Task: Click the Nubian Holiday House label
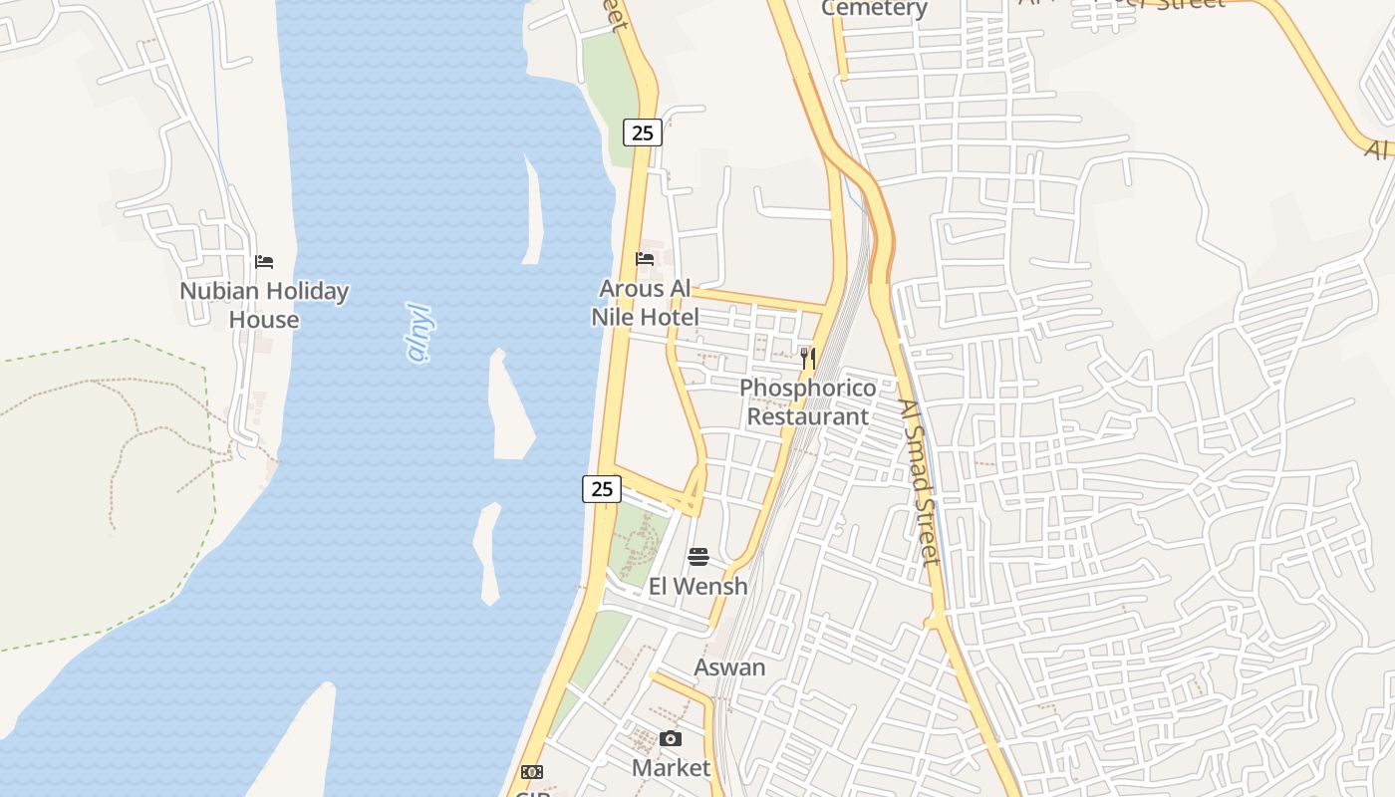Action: pyautogui.click(x=264, y=305)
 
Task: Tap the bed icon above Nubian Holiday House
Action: pyautogui.click(x=264, y=262)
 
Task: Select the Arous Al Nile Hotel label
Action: pyautogui.click(x=645, y=303)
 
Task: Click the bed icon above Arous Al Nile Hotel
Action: pyautogui.click(x=645, y=259)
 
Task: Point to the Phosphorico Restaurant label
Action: pyautogui.click(x=808, y=402)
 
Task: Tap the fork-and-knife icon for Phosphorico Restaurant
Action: pyautogui.click(x=808, y=359)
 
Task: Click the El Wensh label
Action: pyautogui.click(x=697, y=586)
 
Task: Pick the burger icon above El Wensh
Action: pyautogui.click(x=698, y=556)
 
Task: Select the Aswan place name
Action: pyautogui.click(x=729, y=667)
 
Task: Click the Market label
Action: pyautogui.click(x=671, y=768)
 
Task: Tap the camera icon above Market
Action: pyautogui.click(x=671, y=738)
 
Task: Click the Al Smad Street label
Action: pyautogui.click(x=919, y=482)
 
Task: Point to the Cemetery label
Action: pyautogui.click(x=874, y=9)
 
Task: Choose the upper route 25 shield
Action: pyautogui.click(x=643, y=132)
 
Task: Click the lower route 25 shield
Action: pyautogui.click(x=602, y=489)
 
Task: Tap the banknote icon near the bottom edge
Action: pyautogui.click(x=532, y=772)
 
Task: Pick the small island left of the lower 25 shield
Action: pyautogui.click(x=487, y=553)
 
